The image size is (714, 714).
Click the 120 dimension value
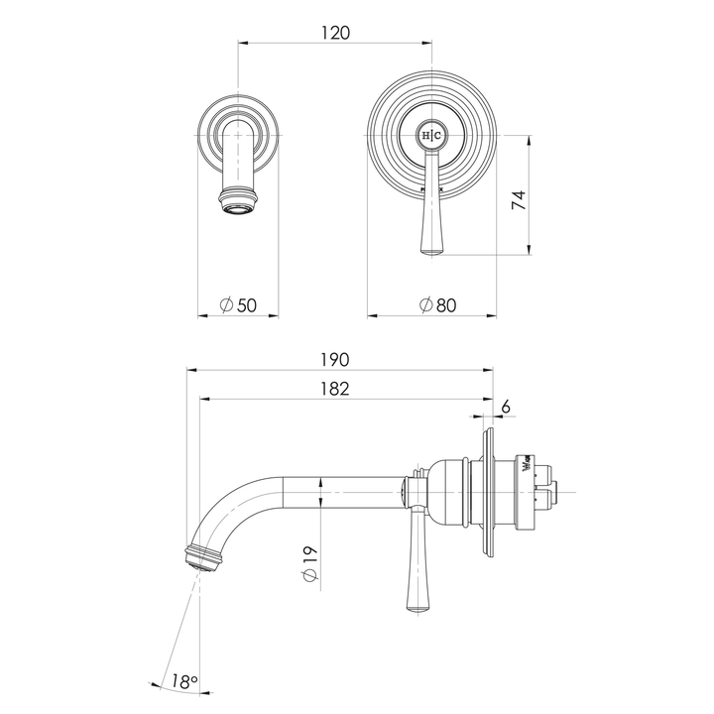(336, 33)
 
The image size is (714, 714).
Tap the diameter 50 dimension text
(239, 305)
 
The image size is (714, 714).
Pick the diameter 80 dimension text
(437, 305)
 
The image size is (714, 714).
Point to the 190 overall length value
(336, 360)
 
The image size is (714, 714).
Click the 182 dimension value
(336, 389)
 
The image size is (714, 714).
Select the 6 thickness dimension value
(506, 407)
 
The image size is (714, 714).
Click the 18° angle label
(184, 683)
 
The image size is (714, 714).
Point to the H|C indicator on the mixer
(432, 134)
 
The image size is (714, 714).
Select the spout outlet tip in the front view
(238, 206)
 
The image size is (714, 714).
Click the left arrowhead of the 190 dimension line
(192, 370)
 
